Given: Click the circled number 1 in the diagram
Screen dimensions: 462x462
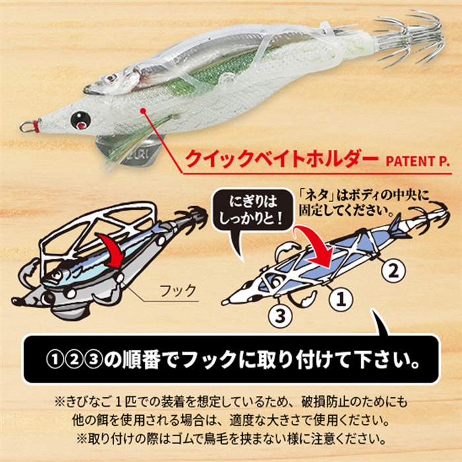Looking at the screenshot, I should pyautogui.click(x=340, y=300).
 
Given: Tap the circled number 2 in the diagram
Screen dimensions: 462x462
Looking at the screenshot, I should pyautogui.click(x=391, y=269).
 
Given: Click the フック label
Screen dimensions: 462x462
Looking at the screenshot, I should pyautogui.click(x=178, y=289).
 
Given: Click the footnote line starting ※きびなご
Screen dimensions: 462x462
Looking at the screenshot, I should pyautogui.click(x=231, y=401).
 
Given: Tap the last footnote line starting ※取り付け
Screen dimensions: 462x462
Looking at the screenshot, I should pyautogui.click(x=231, y=438).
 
